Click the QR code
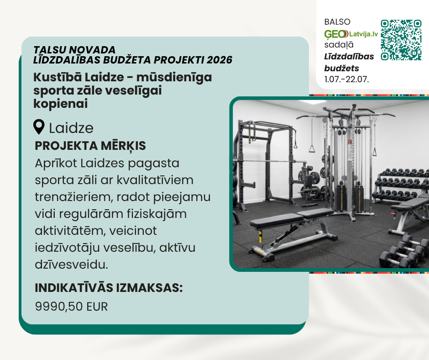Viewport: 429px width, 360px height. pyautogui.click(x=401, y=40)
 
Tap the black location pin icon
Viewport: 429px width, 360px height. pyautogui.click(x=39, y=127)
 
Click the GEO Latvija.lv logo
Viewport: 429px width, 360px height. pyautogui.click(x=351, y=34)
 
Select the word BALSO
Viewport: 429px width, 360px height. pyautogui.click(x=337, y=22)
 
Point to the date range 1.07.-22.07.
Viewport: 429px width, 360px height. pyautogui.click(x=347, y=79)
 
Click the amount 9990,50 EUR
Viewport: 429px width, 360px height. pyautogui.click(x=71, y=306)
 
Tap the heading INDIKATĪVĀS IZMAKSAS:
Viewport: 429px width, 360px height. pyautogui.click(x=109, y=288)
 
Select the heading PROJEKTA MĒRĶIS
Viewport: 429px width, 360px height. pyautogui.click(x=90, y=146)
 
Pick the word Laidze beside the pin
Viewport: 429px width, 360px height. pyautogui.click(x=71, y=128)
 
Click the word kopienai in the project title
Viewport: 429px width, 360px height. pyautogui.click(x=60, y=104)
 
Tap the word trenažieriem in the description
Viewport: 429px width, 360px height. pyautogui.click(x=72, y=197)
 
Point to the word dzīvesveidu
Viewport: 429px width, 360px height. pyautogui.click(x=71, y=265)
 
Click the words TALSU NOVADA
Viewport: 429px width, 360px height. pyautogui.click(x=74, y=50)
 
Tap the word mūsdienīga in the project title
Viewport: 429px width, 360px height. pyautogui.click(x=174, y=78)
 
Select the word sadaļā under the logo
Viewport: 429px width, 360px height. pyautogui.click(x=339, y=45)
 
